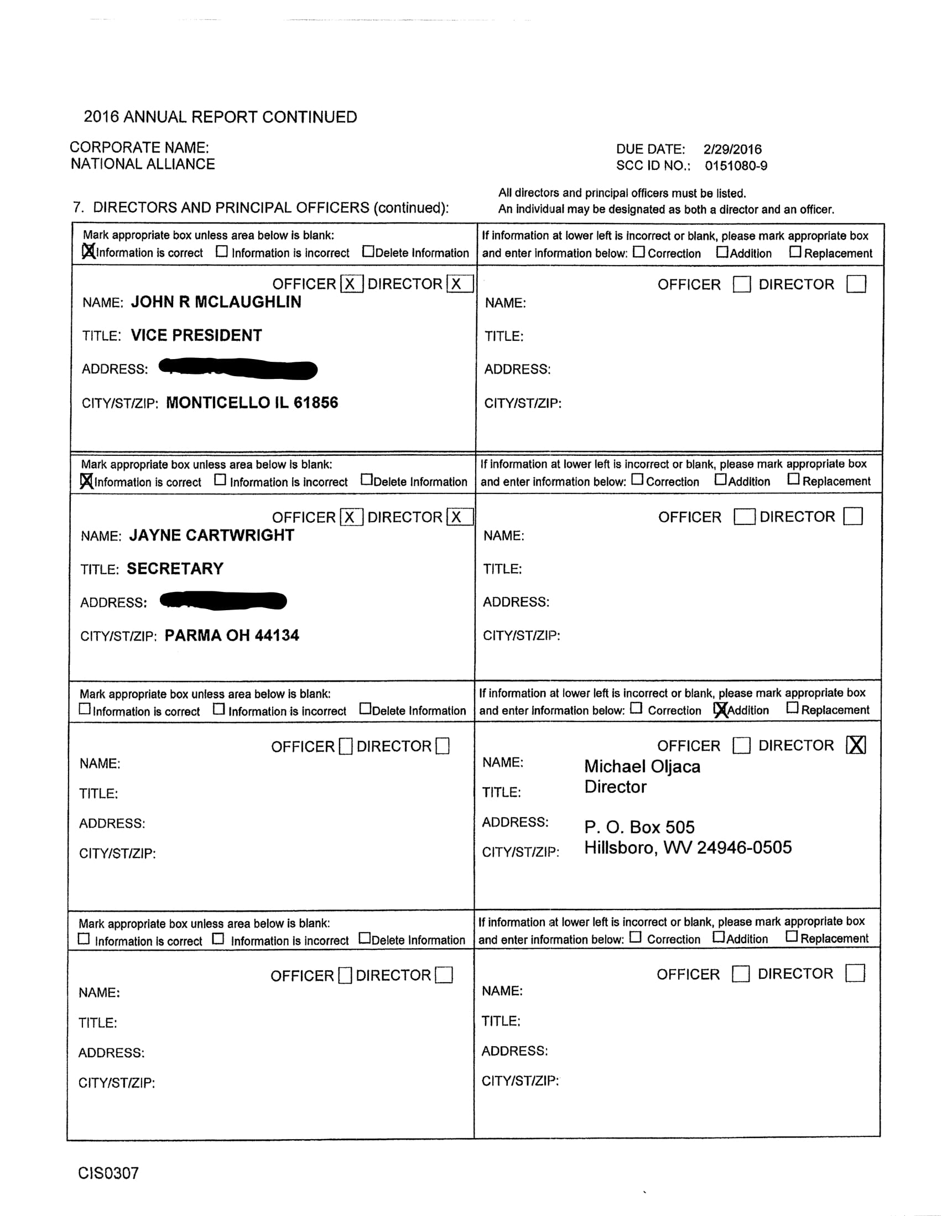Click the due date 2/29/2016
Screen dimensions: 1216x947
point(732,149)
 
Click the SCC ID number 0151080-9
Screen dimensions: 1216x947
point(736,166)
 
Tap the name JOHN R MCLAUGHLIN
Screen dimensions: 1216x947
point(216,302)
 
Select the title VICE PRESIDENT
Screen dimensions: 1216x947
point(196,335)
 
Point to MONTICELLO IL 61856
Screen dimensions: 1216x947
point(252,403)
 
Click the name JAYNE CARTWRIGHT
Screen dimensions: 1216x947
point(211,535)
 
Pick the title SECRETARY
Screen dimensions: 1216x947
point(175,569)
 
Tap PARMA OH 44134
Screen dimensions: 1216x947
point(232,635)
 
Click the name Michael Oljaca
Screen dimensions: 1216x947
point(642,767)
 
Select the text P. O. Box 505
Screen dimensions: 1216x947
point(639,828)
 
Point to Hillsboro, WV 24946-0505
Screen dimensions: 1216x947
point(688,848)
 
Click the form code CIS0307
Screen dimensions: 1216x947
point(108,1173)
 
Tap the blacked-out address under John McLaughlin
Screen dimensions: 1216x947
point(238,369)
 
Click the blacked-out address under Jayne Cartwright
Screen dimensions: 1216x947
point(223,601)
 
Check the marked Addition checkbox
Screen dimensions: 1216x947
point(720,709)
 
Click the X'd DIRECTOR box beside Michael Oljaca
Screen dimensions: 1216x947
point(856,745)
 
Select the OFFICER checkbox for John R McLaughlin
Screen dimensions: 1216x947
point(351,284)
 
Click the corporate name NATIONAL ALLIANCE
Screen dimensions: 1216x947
point(143,164)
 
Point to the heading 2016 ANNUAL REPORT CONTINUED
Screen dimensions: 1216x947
point(220,117)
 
